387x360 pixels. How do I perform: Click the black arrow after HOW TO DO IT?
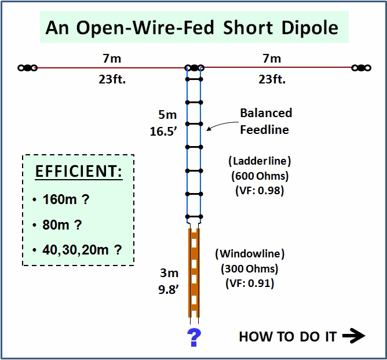point(353,336)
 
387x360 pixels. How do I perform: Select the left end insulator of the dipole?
point(27,68)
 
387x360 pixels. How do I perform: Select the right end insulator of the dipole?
point(361,68)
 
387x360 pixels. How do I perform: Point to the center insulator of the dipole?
point(194,68)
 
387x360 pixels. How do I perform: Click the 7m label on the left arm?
point(112,58)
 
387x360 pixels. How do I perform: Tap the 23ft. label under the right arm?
point(272,79)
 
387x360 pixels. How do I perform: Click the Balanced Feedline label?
point(265,121)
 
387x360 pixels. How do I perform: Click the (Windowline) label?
point(250,254)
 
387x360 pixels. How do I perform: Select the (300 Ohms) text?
point(250,269)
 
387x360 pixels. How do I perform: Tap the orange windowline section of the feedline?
point(193,272)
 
